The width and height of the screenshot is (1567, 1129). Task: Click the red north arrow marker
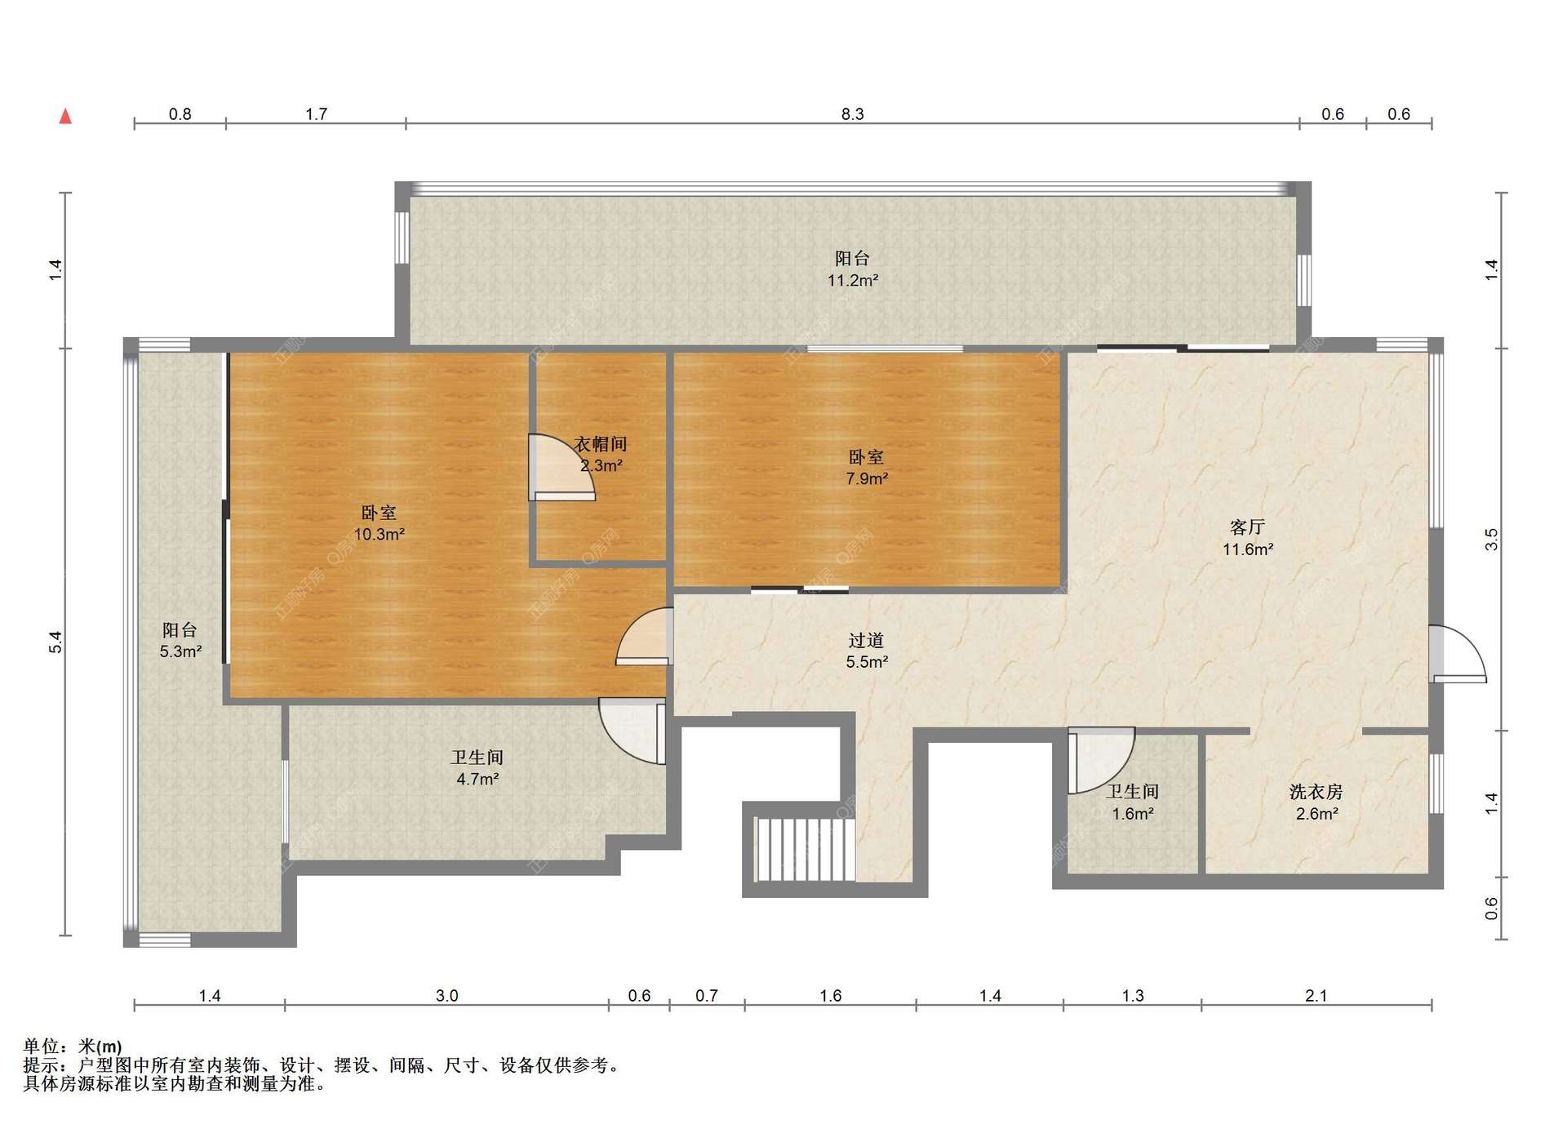(x=65, y=116)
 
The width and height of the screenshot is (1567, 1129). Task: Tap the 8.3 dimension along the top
(x=852, y=114)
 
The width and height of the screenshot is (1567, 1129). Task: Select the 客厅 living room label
(x=1247, y=527)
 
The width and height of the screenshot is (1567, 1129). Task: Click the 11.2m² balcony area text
(x=852, y=281)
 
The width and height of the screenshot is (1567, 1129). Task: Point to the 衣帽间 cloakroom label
(x=601, y=444)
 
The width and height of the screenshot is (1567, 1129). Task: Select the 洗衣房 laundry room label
(x=1316, y=792)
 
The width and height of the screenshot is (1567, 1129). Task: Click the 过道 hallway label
(x=866, y=641)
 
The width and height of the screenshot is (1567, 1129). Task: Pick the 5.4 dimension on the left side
(x=55, y=642)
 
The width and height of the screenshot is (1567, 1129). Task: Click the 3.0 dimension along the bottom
(x=446, y=996)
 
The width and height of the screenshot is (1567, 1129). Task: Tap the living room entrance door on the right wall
(x=1458, y=654)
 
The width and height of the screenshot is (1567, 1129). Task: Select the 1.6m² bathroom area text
(x=1133, y=814)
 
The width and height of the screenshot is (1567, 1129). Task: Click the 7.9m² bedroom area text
(x=866, y=478)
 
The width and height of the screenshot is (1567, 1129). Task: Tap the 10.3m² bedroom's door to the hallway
(x=645, y=637)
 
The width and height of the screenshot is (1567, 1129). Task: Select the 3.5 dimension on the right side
(x=1491, y=540)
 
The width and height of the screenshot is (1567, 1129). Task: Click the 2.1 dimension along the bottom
(x=1316, y=996)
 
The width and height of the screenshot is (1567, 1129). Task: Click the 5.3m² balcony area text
(x=180, y=651)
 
